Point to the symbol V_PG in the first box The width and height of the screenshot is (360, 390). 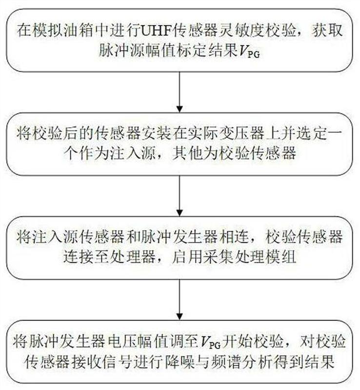tap(249, 52)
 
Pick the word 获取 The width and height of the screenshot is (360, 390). tap(328, 30)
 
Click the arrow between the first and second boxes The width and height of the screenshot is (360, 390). tap(180, 92)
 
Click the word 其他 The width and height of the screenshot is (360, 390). tap(187, 153)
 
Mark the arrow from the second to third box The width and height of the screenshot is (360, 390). tap(180, 196)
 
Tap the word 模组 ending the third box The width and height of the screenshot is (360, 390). tap(281, 257)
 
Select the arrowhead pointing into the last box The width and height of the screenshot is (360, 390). tap(180, 316)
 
